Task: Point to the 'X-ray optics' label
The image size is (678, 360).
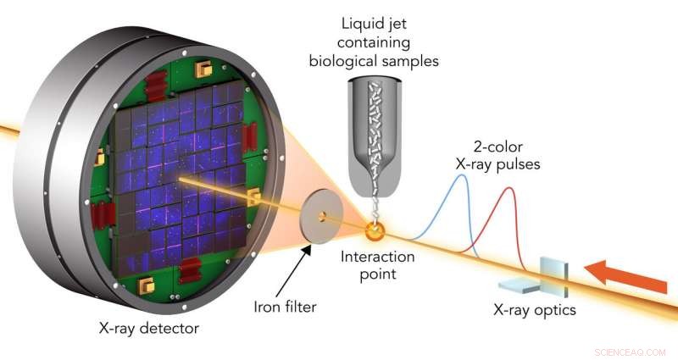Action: pos(535,310)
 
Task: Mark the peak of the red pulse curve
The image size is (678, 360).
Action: pos(510,188)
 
